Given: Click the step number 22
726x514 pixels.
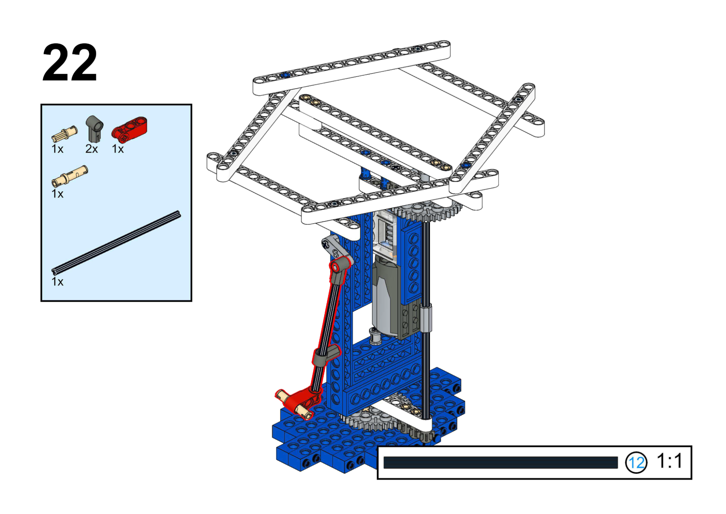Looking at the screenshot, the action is (x=70, y=62).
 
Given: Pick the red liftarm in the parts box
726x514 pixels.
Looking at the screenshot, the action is (x=129, y=129).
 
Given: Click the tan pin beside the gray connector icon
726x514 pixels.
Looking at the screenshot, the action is (x=64, y=134).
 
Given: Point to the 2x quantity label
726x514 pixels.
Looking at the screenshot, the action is (x=92, y=149).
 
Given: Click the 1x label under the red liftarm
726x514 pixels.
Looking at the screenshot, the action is (x=118, y=149).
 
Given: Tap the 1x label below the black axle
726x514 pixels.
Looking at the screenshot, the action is (x=57, y=282).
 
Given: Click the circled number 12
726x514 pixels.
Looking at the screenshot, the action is (x=636, y=462).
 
